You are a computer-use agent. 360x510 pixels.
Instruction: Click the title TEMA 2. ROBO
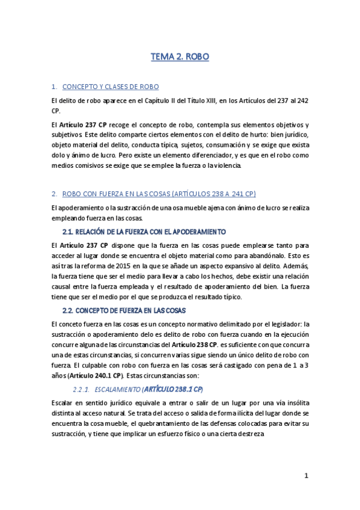click(180, 57)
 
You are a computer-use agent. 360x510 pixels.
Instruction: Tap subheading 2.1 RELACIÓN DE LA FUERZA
click(144, 232)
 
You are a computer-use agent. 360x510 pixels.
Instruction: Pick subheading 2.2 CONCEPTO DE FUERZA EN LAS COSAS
click(124, 310)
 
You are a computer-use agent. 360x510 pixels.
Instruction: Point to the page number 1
click(306, 476)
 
